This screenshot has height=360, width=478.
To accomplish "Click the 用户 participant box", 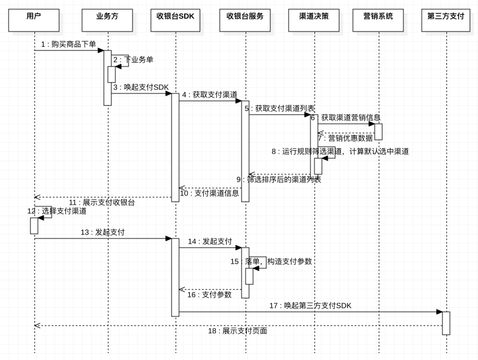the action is click(33, 20).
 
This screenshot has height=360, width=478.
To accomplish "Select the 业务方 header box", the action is click(107, 20).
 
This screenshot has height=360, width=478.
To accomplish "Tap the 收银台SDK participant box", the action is click(175, 20).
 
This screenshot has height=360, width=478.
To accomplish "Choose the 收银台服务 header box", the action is click(245, 20).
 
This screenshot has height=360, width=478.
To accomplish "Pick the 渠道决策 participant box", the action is click(314, 20).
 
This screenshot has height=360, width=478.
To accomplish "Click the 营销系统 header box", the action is click(378, 20).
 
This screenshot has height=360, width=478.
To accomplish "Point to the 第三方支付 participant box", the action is click(446, 20).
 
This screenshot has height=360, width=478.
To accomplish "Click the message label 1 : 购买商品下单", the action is click(69, 44).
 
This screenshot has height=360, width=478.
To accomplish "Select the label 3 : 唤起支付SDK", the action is click(141, 87).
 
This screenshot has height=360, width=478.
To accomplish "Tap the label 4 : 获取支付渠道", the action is click(210, 95).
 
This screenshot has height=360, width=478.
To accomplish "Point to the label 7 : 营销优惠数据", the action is click(345, 138).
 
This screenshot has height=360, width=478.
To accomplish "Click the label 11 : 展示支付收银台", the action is click(102, 202).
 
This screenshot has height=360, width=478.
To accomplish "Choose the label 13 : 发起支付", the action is click(103, 232).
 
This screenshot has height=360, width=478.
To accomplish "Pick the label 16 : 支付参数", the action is click(209, 295).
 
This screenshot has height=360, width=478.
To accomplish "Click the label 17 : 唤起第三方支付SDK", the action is click(310, 306).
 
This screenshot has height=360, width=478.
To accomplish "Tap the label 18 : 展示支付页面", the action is click(238, 331).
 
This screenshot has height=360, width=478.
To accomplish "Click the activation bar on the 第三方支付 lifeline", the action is click(446, 323).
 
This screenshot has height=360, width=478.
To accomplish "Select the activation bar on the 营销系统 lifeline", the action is click(378, 132).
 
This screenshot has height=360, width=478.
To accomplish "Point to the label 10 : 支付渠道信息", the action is click(209, 193).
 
